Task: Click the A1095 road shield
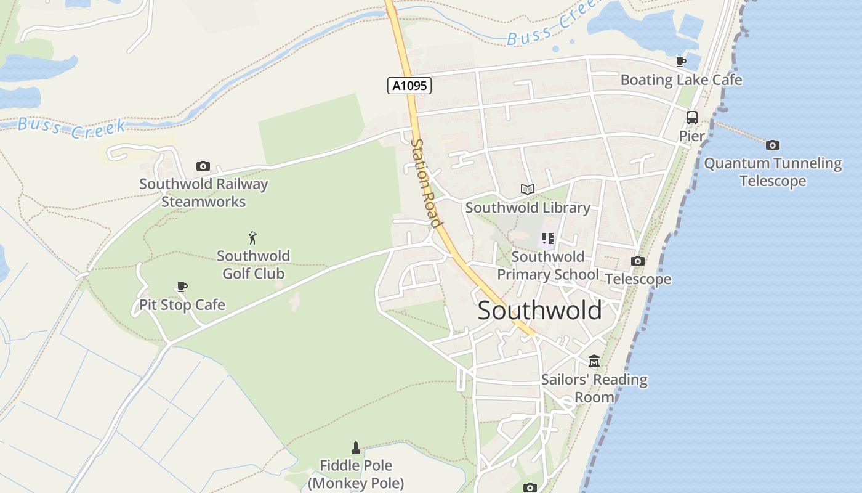tap(409, 86)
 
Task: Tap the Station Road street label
tap(426, 183)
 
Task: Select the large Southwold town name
tap(540, 311)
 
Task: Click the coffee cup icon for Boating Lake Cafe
tap(680, 62)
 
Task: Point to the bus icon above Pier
tap(692, 117)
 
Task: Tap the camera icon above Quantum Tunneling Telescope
tap(773, 145)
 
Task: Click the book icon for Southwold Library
tap(527, 189)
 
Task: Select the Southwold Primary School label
tap(547, 266)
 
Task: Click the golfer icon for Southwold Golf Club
tap(252, 238)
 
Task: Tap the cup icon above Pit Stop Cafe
tap(182, 287)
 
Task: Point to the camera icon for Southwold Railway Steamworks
tap(203, 166)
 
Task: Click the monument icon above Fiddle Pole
tap(355, 447)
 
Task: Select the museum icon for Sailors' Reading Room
tap(594, 361)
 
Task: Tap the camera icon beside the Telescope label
tap(638, 261)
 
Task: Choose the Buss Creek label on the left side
tap(71, 128)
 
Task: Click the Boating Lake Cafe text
tap(681, 80)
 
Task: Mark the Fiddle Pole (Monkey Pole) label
tap(356, 475)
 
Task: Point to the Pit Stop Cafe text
tap(182, 305)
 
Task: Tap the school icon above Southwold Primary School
tap(547, 238)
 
